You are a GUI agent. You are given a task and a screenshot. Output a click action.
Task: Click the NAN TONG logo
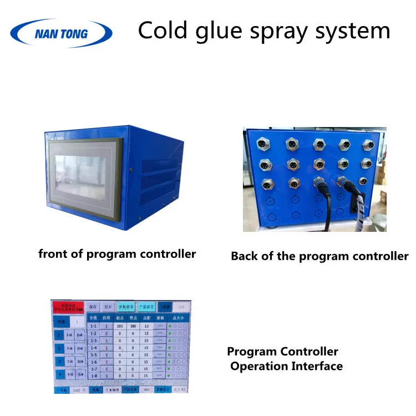[x=60, y=33]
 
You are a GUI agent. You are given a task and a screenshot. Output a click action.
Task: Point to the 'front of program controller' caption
[x=117, y=254]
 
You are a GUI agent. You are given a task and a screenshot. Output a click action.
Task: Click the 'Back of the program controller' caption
[x=319, y=256]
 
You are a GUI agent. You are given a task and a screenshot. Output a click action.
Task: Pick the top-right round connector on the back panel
[x=368, y=145]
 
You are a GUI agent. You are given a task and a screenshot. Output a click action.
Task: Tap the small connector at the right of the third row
[x=363, y=181]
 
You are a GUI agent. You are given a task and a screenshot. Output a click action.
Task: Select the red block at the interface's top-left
[x=68, y=307]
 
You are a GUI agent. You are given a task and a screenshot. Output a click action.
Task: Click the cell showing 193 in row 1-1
[x=120, y=327]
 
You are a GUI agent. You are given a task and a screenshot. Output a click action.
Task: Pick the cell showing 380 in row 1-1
[x=133, y=327]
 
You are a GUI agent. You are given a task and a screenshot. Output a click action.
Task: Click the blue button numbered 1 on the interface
[x=59, y=335]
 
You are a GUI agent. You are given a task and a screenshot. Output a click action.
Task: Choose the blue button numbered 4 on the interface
[x=59, y=376]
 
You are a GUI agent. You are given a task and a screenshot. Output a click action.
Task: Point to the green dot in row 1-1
[x=170, y=327]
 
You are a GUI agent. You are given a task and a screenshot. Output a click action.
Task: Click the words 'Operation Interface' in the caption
[x=286, y=366]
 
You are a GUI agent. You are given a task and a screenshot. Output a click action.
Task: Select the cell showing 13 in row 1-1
[x=146, y=327]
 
